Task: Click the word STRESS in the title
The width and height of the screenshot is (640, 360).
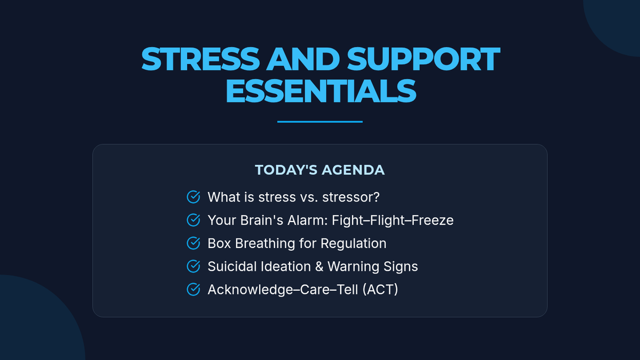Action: (x=201, y=59)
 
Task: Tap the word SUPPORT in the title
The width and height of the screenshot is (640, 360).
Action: (x=423, y=59)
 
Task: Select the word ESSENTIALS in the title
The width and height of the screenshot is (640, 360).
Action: (x=321, y=91)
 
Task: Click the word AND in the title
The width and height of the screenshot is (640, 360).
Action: (x=303, y=59)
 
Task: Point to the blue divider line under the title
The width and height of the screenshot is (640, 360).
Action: (x=320, y=122)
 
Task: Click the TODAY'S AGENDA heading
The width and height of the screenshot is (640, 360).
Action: (x=319, y=170)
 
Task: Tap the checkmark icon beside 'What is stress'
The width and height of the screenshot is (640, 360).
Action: (x=194, y=197)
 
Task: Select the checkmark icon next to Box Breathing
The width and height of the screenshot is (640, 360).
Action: (x=194, y=243)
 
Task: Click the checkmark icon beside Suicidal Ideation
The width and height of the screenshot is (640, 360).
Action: (x=194, y=266)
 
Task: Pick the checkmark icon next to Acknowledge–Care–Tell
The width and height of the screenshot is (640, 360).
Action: (x=194, y=290)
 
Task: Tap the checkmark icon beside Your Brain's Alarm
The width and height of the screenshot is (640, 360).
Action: (x=194, y=220)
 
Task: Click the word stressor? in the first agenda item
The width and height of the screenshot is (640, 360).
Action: (x=351, y=197)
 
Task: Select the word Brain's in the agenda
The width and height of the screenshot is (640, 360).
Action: (x=261, y=220)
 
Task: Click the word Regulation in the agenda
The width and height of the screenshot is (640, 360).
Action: (x=354, y=244)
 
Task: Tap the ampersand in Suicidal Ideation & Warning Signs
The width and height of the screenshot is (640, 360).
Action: (x=319, y=267)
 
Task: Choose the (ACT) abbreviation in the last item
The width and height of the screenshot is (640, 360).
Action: (x=380, y=290)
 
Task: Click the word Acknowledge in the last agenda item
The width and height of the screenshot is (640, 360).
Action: (x=250, y=290)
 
